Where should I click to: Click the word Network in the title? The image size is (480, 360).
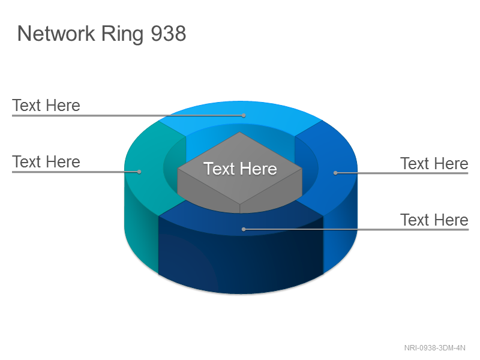point(56,34)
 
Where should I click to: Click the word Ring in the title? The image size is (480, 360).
point(122,34)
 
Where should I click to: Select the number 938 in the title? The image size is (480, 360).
point(169,34)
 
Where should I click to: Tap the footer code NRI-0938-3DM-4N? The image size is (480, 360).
point(434,348)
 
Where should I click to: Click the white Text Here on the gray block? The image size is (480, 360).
point(241,169)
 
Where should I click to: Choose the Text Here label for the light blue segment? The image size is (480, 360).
point(46,106)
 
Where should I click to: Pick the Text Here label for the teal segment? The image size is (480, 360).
point(46,161)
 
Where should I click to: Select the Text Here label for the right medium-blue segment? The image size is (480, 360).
point(434,163)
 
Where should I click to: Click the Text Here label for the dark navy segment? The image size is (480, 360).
point(434,220)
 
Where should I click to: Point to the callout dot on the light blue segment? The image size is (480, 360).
point(244,115)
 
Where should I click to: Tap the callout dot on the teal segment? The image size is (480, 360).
point(139,172)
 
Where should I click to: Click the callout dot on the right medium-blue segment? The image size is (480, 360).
point(335,173)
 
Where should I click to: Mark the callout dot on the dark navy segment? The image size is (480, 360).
point(244,229)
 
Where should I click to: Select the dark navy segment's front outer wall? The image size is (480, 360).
point(241,260)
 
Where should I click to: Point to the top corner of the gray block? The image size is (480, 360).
point(239,132)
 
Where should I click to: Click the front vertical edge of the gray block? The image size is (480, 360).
point(239,208)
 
